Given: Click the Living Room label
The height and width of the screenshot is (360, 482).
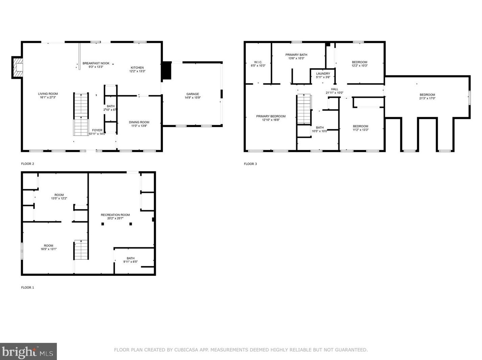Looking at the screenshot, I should tap(48, 94).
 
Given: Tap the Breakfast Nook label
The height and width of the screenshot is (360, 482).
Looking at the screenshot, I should tap(96, 63).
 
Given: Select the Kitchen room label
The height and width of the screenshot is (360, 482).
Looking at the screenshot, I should tap(137, 68).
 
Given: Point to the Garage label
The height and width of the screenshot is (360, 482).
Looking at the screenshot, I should tap(193, 94).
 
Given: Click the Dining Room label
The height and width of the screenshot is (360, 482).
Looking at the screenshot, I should tap(139, 122).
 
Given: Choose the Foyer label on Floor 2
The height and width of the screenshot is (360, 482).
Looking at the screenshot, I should tap(97, 130).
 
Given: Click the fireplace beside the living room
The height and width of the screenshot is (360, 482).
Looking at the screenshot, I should tap(18, 68).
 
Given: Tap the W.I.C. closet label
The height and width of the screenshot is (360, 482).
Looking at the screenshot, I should tap(258, 62).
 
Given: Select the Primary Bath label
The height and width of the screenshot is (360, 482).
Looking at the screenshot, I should tap(296, 55).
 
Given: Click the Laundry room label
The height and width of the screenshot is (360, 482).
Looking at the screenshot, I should tap(323, 74).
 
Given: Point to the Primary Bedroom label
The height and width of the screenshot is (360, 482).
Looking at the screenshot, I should tap(271, 116).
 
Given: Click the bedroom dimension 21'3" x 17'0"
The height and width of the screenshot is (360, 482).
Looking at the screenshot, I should tap(427, 99).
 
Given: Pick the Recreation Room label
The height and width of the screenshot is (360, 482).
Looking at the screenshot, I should tap(115, 215).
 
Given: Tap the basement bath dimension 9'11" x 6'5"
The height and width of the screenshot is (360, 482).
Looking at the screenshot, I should tap(130, 262).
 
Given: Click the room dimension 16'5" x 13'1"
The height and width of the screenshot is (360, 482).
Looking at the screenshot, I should tap(48, 249).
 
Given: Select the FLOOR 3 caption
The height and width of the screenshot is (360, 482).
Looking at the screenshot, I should tap(250, 164).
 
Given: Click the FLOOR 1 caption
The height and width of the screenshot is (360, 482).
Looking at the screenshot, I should tap(28, 287).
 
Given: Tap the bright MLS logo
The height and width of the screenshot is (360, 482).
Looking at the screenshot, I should tap(28, 352).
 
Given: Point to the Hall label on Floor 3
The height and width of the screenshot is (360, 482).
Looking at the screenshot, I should tap(334, 89).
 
